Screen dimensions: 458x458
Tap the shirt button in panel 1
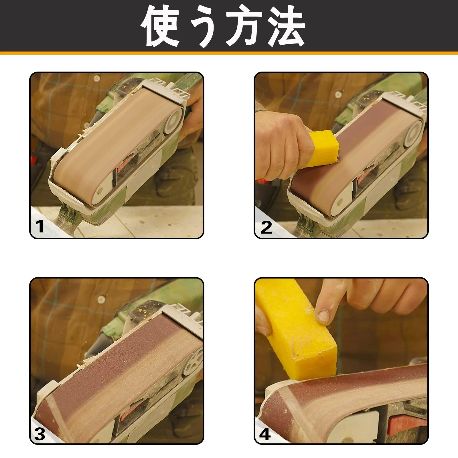coord(96,78)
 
